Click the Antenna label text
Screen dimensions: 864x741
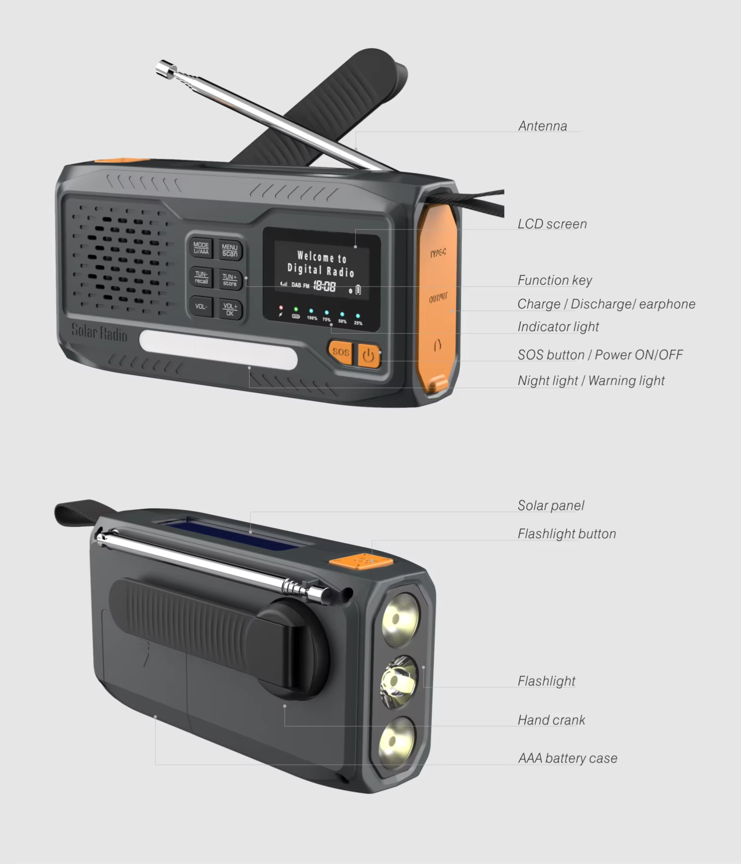[x=543, y=126]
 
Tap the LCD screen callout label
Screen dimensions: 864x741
[x=552, y=224]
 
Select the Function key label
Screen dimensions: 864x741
[x=555, y=281]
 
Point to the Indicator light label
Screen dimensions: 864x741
[x=558, y=327]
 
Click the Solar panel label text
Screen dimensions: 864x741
[x=551, y=506]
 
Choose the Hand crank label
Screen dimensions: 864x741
[x=551, y=720]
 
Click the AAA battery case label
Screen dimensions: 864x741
[x=567, y=759]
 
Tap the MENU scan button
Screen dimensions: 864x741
[x=230, y=250]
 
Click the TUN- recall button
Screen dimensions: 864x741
[x=201, y=277]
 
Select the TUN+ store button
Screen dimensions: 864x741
[x=230, y=280]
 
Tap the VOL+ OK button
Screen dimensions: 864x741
[x=230, y=309]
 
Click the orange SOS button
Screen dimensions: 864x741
[x=341, y=352]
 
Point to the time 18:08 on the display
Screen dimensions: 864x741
[x=325, y=286]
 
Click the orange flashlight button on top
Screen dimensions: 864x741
[x=361, y=561]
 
